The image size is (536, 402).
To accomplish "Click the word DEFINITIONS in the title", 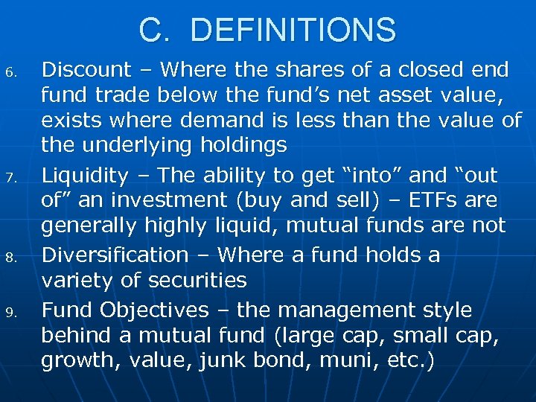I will [x=293, y=31].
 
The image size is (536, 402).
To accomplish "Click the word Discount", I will [x=86, y=70].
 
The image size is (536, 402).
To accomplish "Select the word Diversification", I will [x=115, y=255].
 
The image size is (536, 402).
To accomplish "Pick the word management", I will [x=339, y=310].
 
